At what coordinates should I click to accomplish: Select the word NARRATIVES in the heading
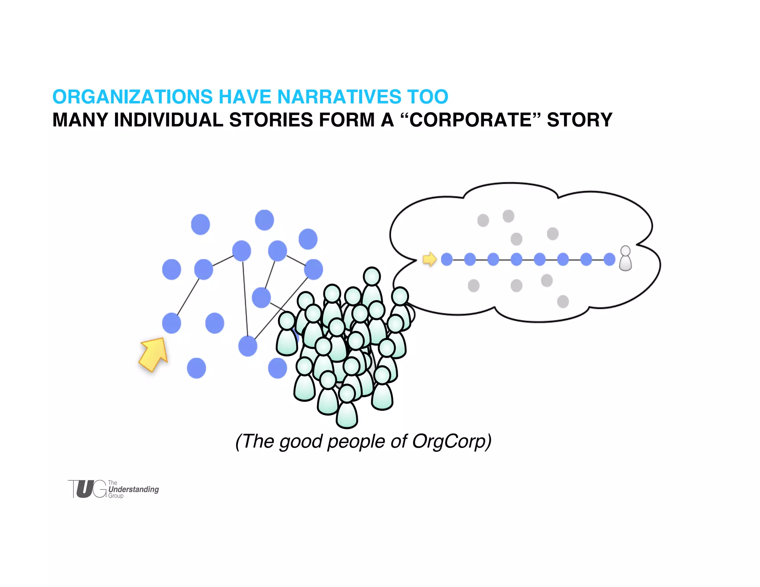(339, 97)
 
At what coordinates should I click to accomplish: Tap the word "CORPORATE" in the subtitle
(470, 120)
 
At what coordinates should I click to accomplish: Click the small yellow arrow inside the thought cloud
(430, 259)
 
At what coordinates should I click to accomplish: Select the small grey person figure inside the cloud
(625, 259)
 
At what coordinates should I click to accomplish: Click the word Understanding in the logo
(134, 489)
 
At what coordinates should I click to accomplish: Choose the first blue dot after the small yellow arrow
(447, 259)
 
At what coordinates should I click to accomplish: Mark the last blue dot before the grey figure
(609, 259)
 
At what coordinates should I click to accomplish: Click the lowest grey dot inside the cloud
(563, 301)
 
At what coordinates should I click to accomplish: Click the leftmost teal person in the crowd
(287, 334)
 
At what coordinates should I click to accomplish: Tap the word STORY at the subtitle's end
(579, 120)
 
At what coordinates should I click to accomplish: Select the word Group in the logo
(116, 496)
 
